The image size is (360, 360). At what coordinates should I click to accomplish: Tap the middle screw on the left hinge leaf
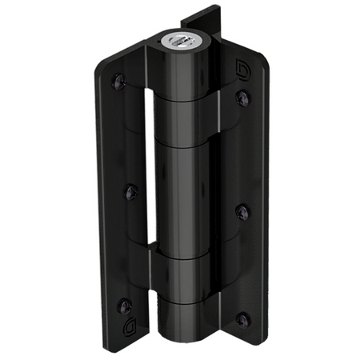[132, 191]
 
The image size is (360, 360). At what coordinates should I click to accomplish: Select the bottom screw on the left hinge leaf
[123, 305]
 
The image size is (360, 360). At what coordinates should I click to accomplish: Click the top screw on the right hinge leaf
[243, 98]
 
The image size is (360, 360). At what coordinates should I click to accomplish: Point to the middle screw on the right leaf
[242, 211]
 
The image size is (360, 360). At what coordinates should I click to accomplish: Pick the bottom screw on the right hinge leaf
[242, 320]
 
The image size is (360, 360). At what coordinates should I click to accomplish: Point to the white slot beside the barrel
[149, 160]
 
